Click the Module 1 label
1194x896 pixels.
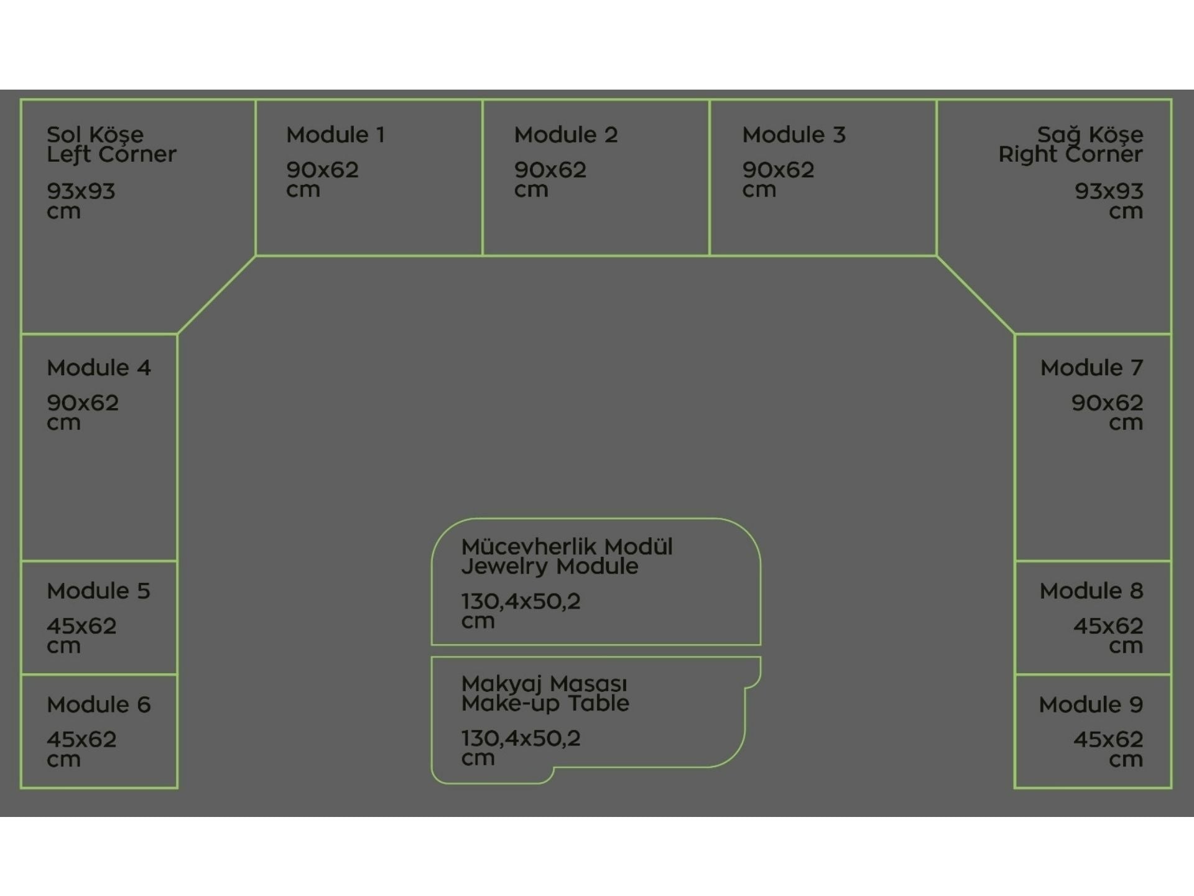(x=335, y=135)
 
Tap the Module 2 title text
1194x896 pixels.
(x=565, y=135)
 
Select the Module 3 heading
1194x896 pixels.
(x=794, y=135)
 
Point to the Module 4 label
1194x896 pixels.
(x=98, y=368)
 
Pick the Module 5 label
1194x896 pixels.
(x=98, y=590)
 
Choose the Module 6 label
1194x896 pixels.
(x=98, y=704)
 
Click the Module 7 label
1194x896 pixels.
(x=1091, y=368)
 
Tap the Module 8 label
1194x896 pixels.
(x=1091, y=590)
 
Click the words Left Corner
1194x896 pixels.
(x=111, y=155)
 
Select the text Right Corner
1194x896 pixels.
(x=1070, y=155)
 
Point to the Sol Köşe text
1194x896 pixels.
(x=95, y=134)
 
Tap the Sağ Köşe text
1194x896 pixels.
(x=1090, y=134)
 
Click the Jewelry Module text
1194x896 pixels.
(x=549, y=567)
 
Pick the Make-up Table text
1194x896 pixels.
(x=545, y=704)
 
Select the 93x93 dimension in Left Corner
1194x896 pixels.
(x=81, y=191)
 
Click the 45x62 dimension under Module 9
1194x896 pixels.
(x=1108, y=739)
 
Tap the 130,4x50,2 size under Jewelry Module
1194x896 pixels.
(x=521, y=601)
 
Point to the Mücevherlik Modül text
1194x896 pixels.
(x=567, y=547)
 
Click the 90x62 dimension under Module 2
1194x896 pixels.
(x=550, y=170)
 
